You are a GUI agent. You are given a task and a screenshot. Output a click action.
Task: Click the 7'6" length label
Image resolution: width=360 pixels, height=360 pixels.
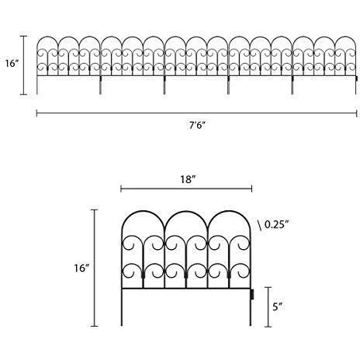(197, 126)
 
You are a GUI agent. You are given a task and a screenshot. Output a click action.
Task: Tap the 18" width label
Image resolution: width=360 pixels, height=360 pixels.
(188, 179)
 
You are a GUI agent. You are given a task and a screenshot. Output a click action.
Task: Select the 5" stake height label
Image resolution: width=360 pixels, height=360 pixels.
(277, 306)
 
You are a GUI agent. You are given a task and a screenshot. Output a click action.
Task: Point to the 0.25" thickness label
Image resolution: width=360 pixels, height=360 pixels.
(276, 224)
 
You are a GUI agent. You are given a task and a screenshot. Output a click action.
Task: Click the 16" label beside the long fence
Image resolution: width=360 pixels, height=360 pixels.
(12, 64)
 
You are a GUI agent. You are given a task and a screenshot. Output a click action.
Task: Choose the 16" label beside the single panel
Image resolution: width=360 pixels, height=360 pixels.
(81, 268)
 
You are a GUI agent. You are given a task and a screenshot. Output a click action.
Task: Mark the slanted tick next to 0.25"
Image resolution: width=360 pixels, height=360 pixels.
(259, 225)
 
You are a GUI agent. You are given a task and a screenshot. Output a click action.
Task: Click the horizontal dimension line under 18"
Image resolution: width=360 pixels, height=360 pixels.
(186, 189)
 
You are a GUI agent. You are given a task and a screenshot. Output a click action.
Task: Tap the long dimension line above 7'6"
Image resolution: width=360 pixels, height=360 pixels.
(196, 113)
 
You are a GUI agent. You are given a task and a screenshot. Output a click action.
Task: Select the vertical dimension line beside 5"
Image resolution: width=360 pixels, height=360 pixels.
(268, 306)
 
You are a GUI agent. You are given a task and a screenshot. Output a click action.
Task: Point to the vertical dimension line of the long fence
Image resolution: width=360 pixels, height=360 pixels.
(23, 65)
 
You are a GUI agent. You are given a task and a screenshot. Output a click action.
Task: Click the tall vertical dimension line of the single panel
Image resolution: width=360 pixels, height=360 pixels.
(95, 268)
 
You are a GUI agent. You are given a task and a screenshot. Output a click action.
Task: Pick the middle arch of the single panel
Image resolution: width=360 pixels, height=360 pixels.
(186, 212)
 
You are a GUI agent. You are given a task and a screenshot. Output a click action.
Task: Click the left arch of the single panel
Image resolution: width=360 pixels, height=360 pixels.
(143, 212)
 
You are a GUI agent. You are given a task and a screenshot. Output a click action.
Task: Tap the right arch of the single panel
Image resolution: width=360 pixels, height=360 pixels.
(229, 212)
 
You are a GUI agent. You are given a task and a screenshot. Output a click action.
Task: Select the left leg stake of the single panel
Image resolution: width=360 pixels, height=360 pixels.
(122, 307)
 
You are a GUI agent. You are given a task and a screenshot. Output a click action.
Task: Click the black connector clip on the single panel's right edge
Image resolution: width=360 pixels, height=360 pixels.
(252, 294)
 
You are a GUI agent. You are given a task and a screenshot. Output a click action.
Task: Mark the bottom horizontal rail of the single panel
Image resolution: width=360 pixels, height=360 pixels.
(186, 288)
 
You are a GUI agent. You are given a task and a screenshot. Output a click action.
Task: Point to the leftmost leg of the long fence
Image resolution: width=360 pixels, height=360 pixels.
(37, 85)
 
